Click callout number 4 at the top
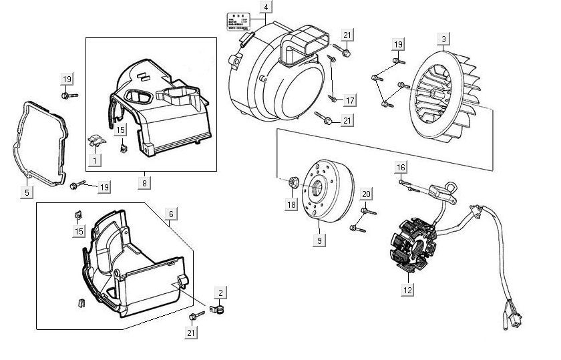(266, 7)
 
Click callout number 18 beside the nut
(291, 204)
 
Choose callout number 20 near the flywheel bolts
(365, 194)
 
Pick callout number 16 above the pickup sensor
(401, 166)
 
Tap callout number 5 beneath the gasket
(27, 193)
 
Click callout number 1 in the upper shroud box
(95, 160)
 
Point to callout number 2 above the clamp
(221, 293)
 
